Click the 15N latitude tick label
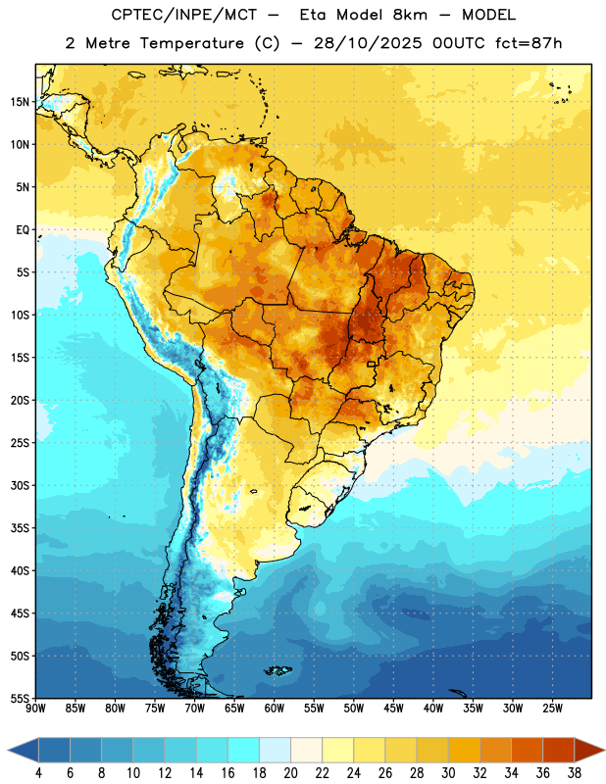(20, 102)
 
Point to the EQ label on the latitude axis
(23, 230)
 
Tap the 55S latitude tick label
(20, 698)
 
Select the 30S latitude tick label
(20, 485)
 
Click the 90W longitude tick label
(35, 708)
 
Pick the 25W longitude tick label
(552, 708)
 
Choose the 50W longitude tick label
(354, 708)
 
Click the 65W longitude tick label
(234, 708)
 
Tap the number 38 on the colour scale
(575, 772)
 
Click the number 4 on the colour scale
(38, 772)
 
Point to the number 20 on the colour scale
(290, 772)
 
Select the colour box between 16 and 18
(244, 750)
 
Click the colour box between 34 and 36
(527, 750)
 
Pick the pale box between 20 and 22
(307, 750)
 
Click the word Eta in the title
(313, 15)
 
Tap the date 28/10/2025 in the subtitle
(368, 43)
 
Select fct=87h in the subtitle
(529, 43)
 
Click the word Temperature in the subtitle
(191, 43)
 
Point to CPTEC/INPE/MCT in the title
(184, 15)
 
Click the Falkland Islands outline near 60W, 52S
(278, 670)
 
